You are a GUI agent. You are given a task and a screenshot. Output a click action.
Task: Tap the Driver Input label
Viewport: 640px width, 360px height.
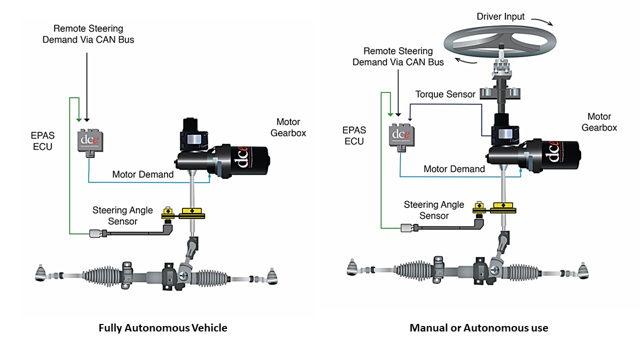pos(500,16)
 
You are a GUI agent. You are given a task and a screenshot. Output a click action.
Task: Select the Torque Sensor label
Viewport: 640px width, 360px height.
pos(445,94)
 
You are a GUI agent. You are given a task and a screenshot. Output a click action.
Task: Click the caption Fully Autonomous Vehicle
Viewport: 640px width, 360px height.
pos(163,328)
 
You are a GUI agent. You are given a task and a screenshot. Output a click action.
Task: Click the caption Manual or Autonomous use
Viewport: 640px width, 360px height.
pos(478,328)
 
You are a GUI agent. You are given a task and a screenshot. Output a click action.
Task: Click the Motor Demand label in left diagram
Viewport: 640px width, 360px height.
pos(143,174)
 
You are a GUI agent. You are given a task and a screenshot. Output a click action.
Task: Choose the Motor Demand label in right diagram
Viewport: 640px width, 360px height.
pos(454,169)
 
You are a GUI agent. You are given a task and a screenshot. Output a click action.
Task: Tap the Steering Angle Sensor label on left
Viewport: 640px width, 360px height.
pos(122,215)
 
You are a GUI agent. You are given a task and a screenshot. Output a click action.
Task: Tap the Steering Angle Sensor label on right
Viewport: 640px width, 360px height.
pos(434,210)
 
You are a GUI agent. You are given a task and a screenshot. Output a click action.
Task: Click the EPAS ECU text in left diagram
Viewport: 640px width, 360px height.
pos(43,141)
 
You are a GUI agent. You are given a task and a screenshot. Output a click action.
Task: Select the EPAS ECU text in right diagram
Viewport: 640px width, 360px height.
pos(354,135)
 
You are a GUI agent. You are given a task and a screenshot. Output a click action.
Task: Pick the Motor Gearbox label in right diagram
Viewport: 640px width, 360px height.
pos(599,122)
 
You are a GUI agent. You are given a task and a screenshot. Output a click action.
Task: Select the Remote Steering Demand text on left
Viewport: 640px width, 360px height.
pos(88,34)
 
